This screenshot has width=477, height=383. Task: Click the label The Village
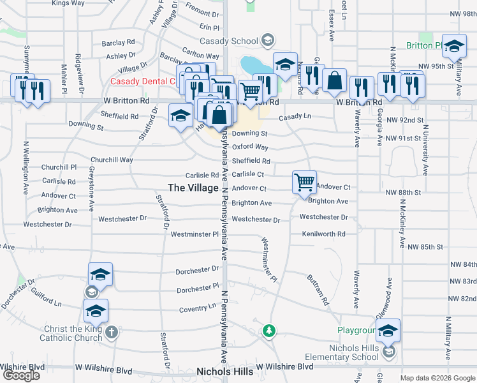pos(193,187)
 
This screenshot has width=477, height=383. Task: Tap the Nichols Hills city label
pos(224,371)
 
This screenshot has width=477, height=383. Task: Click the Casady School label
pos(236,41)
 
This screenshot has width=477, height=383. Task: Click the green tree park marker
pos(269,331)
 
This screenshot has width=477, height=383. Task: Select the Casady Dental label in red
pos(142,81)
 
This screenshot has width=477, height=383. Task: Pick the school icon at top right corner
pos(453,46)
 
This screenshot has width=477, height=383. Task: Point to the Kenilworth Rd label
pos(323,234)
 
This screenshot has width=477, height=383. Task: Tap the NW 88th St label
pos(403,192)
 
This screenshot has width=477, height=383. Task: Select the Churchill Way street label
pos(112,160)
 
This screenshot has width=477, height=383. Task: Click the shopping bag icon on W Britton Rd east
pos(334,80)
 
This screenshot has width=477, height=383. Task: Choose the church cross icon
pos(112,332)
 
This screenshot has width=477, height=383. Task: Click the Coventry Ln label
pos(197,307)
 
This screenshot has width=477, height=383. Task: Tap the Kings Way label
pos(68,3)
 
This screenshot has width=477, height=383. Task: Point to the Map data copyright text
pos(437,378)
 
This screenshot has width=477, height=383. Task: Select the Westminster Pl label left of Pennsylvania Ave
pos(194,234)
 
